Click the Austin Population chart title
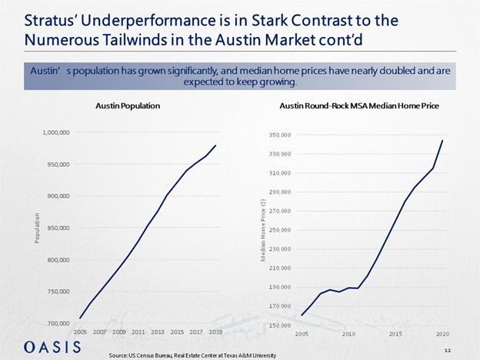[x=128, y=105]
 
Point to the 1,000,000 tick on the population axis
[x=54, y=132]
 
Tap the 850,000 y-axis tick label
[x=55, y=228]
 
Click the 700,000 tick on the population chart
[x=55, y=323]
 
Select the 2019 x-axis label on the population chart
[x=215, y=332]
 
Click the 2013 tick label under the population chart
[x=158, y=332]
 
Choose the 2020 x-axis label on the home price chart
[x=443, y=335]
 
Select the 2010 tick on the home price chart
[x=348, y=335]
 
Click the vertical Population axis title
[x=37, y=228]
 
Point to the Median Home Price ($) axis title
[x=263, y=230]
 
